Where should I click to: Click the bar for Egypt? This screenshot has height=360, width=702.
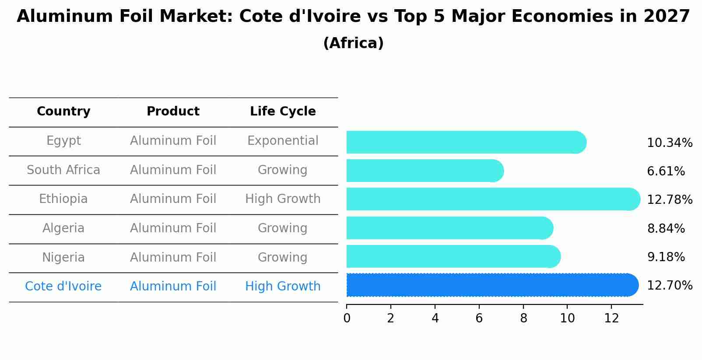click(x=466, y=142)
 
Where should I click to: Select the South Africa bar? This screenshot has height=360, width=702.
click(x=425, y=171)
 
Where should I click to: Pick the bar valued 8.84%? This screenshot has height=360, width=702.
click(x=449, y=228)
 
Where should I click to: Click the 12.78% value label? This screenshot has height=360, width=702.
click(x=669, y=200)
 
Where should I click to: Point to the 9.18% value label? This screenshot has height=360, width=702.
click(x=666, y=257)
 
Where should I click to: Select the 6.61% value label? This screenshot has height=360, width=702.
click(x=666, y=171)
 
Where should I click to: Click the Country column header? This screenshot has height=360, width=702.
click(x=63, y=112)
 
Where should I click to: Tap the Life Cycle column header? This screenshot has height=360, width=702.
click(x=283, y=112)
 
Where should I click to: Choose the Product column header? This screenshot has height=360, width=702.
click(x=173, y=112)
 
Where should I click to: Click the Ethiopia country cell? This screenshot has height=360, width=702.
click(x=63, y=199)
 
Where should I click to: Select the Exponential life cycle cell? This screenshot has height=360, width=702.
click(x=283, y=141)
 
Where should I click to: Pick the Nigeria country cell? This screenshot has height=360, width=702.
click(x=63, y=258)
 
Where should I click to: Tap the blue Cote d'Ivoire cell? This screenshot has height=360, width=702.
click(x=63, y=287)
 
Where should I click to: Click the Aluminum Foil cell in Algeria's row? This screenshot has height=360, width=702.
click(x=173, y=228)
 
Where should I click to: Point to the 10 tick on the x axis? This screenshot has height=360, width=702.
click(x=567, y=318)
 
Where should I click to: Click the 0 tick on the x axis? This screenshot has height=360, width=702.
click(x=347, y=318)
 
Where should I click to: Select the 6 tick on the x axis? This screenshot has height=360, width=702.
click(x=479, y=318)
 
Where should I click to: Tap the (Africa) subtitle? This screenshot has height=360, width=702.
click(x=353, y=43)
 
